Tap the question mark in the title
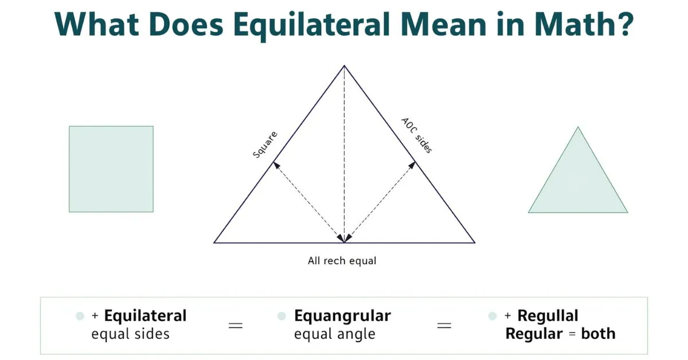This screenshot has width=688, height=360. coord(621,24)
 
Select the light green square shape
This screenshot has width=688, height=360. coord(111,169)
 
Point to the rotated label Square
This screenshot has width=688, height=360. coord(265,145)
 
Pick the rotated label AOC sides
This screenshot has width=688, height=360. coord(416,136)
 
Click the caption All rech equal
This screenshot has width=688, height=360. coord(342,261)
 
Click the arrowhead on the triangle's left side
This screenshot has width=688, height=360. coord(276,165)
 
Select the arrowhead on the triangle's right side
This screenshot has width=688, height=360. coord(412,165)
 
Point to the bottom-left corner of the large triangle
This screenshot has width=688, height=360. coord(214,242)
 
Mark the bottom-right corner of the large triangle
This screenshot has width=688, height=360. coord(475,242)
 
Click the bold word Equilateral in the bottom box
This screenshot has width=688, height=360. coord(146,316)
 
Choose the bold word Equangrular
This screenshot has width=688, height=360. coord(342,316)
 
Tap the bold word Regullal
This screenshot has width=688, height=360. coord(548,316)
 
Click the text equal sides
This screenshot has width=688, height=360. coord(131,334)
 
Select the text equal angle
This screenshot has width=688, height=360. coord(334,334)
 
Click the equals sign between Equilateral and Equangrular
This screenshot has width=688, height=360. coord(236,325)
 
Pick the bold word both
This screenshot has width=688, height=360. coord(598,334)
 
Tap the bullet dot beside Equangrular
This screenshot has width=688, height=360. coord(282,316)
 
